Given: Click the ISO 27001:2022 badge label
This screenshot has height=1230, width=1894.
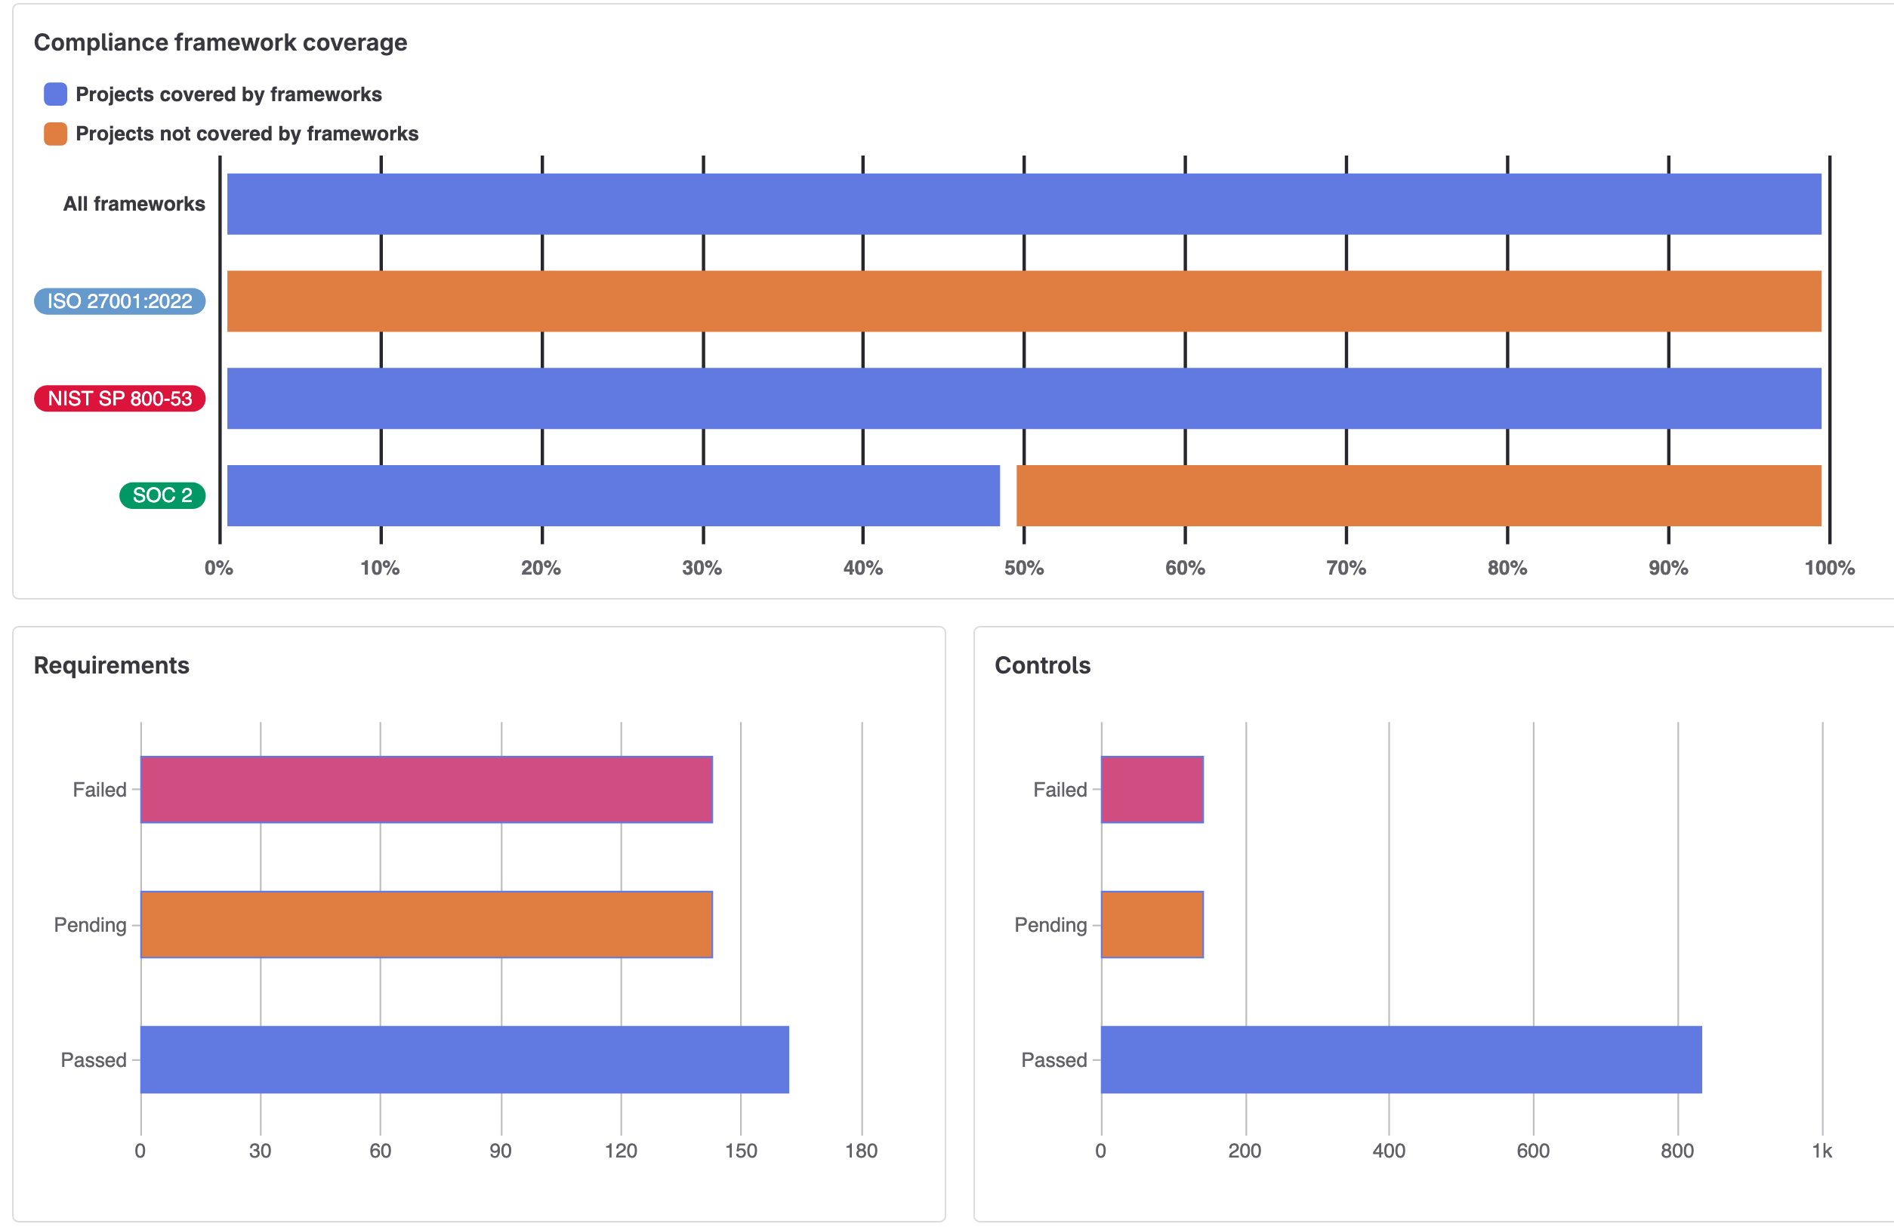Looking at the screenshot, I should pos(119,301).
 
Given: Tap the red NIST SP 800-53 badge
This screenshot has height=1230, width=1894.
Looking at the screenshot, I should pos(119,399).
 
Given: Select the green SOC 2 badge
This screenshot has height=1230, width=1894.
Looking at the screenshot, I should pos(162,495).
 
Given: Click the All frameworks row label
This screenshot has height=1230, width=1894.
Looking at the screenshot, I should pos(134,204).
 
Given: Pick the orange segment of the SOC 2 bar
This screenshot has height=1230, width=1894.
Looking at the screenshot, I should pos(1418,495).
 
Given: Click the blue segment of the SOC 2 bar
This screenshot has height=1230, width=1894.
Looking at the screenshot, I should pos(612,495).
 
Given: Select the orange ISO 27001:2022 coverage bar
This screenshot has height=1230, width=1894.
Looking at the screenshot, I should pos(1023,301).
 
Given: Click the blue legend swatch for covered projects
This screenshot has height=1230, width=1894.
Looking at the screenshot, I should pos(55,94).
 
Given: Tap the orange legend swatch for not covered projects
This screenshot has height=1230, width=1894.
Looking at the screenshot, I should pos(55,134).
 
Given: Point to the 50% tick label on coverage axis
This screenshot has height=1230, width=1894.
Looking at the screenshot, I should pos(1023,568).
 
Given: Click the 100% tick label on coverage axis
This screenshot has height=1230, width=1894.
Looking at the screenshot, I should pos(1829,568).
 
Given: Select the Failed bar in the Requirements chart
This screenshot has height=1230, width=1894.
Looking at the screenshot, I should pos(426,789).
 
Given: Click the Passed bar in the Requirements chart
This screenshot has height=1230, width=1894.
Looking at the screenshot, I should pos(464,1060).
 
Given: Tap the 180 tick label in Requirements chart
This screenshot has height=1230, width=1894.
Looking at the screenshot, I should pos(861,1151).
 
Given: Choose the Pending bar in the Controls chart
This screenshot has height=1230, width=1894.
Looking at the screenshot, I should pos(1152,924).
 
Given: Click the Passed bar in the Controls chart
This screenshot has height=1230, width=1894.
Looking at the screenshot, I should pos(1401,1060).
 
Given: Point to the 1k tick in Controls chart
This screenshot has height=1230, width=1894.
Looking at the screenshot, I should pos(1822,1151).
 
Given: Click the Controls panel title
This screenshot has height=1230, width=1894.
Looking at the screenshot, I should pos(1041,665).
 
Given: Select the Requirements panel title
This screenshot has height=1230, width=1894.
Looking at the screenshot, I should pos(112,665).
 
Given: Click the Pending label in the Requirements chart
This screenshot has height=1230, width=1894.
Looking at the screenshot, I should pos(90,924).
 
